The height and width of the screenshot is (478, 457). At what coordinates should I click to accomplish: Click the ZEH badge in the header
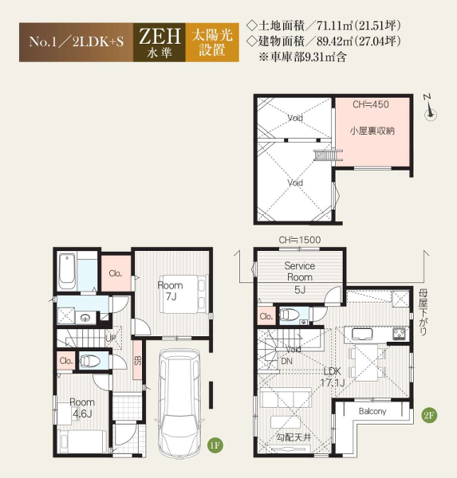pos(159,42)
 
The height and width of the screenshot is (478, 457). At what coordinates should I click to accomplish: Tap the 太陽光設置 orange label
pos(212,42)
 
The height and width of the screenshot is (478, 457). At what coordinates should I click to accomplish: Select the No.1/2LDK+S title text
pos(77,41)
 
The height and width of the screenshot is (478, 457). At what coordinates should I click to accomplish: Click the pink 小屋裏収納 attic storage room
pos(372,132)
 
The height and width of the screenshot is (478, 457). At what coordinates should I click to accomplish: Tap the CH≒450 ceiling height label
pos(371,104)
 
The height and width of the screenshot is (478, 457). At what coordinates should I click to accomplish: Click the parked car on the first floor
pos(179,403)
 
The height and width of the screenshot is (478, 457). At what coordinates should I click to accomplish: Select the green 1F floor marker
pos(215,445)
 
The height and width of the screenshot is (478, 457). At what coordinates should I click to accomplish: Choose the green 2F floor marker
pos(429,415)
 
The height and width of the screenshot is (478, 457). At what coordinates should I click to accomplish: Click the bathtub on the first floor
pos(67,271)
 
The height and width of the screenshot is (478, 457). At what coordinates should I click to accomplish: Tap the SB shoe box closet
pos(138,360)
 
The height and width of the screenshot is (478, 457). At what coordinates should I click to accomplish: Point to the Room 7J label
pos(171,291)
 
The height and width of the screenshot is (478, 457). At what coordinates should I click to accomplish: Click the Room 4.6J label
pos(82,408)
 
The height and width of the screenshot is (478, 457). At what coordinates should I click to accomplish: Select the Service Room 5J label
pos(299,277)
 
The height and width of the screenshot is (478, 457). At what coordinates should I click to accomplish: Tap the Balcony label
pos(372,412)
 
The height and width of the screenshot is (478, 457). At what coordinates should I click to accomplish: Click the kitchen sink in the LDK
pos(362,334)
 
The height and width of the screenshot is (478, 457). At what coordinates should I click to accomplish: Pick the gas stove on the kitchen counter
pos(400,334)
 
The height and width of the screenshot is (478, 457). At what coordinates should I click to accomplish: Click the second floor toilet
pos(288,315)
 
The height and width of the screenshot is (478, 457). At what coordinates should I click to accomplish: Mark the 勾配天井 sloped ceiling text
pos(294,437)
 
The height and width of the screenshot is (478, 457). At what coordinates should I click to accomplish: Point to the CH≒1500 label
pos(300,240)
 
